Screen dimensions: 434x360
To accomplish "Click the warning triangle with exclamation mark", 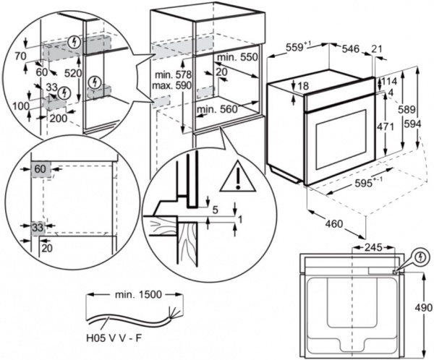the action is (x=238, y=176).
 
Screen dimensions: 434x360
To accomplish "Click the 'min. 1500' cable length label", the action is (x=138, y=294).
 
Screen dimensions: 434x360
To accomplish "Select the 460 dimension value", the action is (x=333, y=223).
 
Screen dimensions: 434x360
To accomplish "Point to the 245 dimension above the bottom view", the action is (x=373, y=247).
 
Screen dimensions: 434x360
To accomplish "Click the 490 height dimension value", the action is (x=423, y=307).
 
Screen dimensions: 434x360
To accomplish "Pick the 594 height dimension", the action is (x=412, y=124).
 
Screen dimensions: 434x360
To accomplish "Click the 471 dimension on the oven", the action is (x=385, y=127).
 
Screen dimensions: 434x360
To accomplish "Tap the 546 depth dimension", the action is (x=351, y=49).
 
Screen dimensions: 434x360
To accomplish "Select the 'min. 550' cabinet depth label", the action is (x=237, y=57).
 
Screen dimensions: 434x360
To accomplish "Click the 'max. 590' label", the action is (x=171, y=85).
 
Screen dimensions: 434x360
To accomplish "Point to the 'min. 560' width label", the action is (x=217, y=110).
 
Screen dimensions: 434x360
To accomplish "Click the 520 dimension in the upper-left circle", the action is (x=73, y=73).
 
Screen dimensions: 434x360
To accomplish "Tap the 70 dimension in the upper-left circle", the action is (x=20, y=56).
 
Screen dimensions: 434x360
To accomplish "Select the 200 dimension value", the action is (x=59, y=119).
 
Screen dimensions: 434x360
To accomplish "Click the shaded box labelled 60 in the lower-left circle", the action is (x=41, y=169).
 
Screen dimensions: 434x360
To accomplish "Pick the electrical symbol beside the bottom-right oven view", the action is (x=421, y=257).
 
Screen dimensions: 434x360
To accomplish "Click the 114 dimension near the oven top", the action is (x=389, y=81).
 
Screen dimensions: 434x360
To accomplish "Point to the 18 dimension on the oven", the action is (x=303, y=86).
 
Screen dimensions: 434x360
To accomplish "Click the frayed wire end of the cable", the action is (x=173, y=314).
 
